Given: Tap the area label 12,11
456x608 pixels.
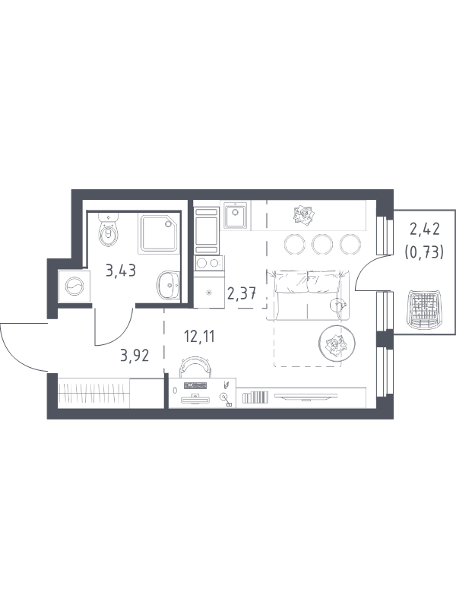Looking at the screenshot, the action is (199, 337).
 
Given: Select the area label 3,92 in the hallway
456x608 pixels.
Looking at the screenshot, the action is (135, 355).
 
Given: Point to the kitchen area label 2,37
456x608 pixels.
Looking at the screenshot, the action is (242, 294).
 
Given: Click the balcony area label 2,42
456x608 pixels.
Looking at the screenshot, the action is (425, 230).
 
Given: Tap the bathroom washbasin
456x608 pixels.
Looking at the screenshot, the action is (169, 286).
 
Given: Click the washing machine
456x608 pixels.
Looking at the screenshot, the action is (74, 287).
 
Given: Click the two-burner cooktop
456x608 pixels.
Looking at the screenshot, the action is (207, 263).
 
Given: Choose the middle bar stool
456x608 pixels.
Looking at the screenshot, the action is (322, 244).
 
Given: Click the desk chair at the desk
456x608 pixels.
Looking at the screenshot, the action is (196, 366).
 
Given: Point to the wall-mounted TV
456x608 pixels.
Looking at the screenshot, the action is (306, 397).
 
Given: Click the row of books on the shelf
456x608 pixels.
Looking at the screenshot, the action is (255, 397).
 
